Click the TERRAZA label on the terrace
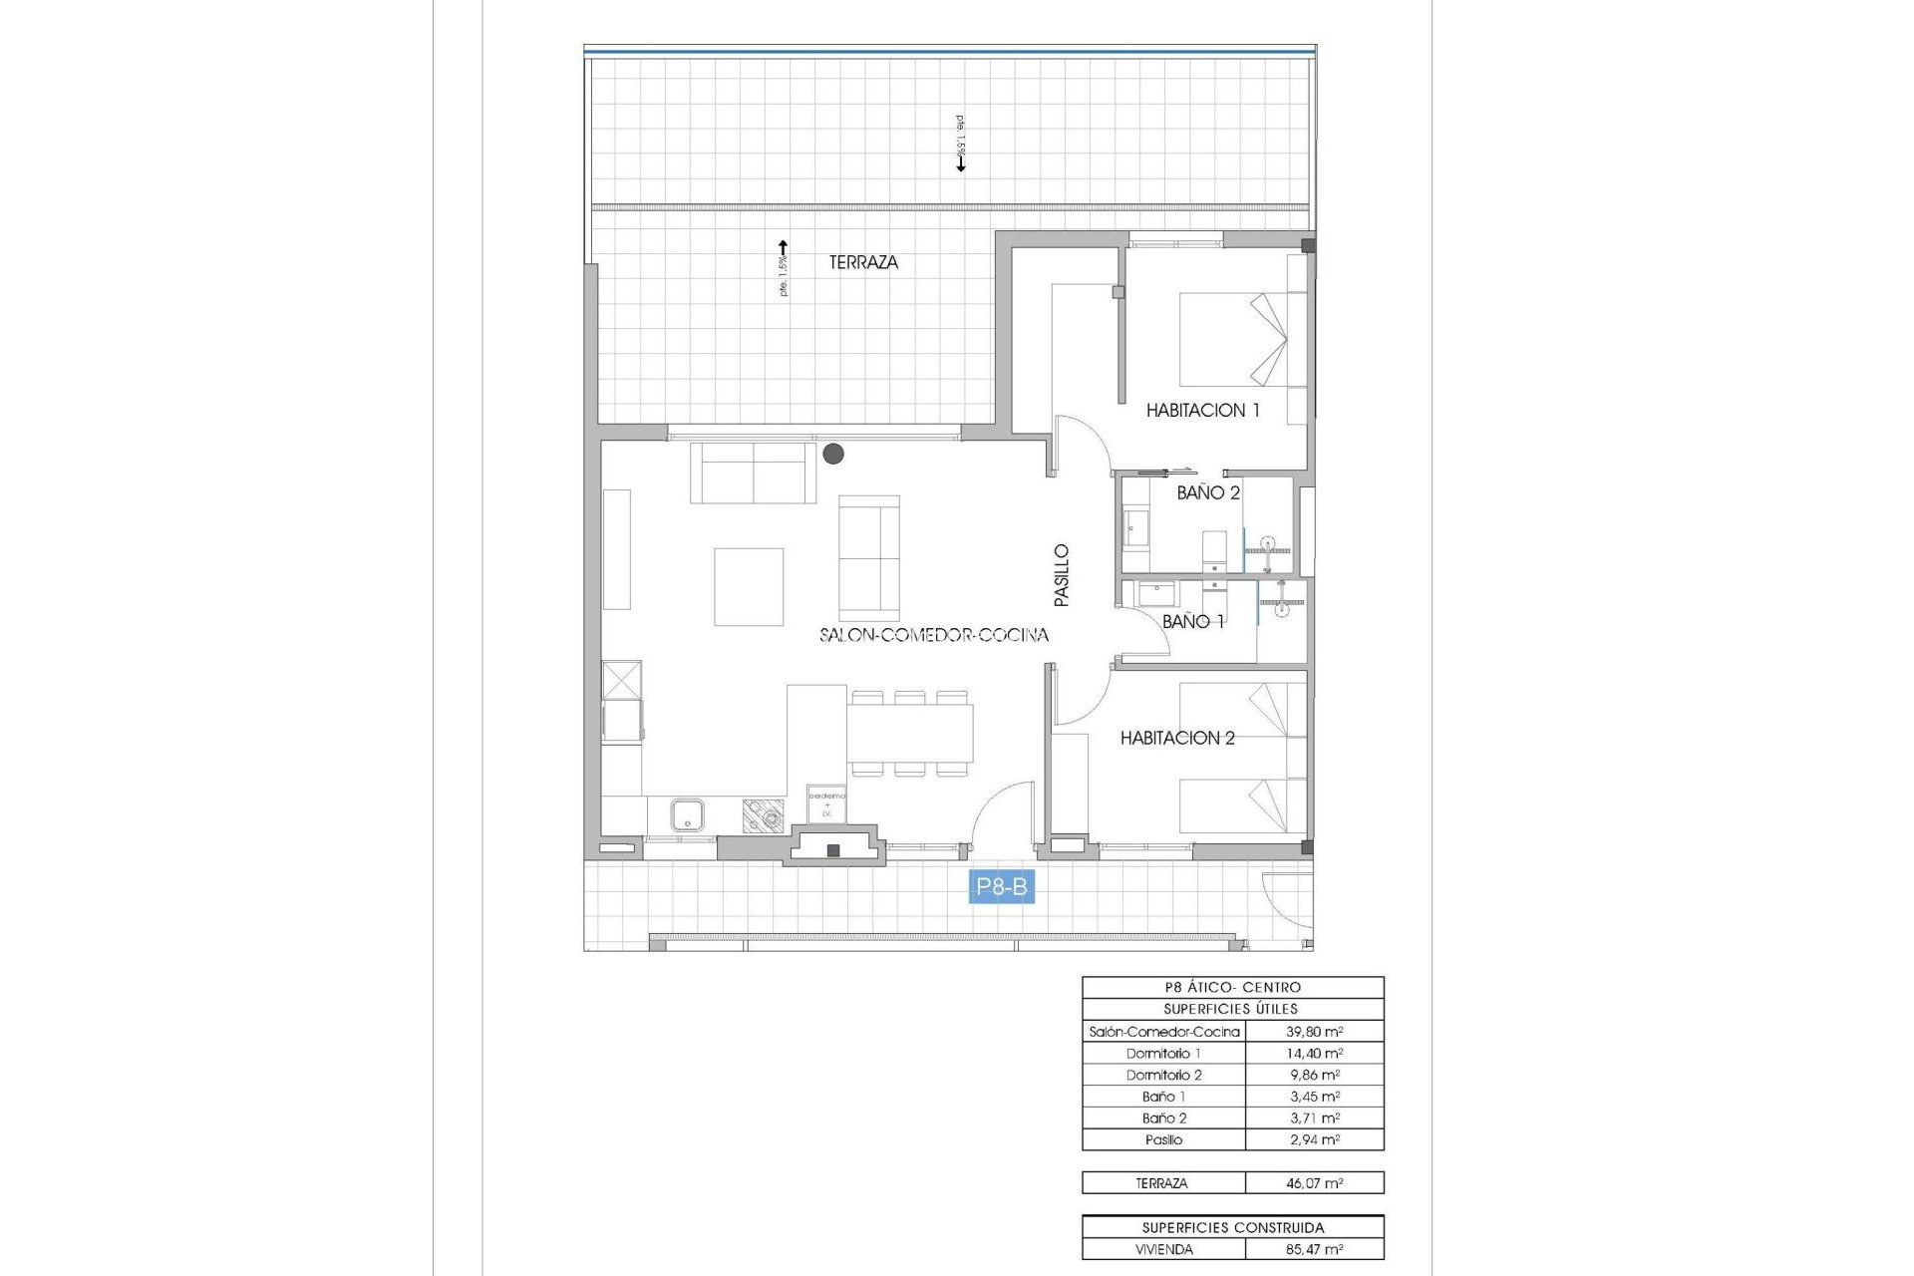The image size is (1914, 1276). point(863,262)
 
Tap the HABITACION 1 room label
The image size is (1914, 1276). point(1202,410)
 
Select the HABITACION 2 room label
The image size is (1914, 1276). point(1177,738)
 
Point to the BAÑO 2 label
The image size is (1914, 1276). point(1208,492)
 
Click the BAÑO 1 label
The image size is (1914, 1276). point(1193,621)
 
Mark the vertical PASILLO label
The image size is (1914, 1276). point(1062,575)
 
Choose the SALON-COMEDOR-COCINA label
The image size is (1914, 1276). point(934,635)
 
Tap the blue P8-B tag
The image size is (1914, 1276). point(1001,886)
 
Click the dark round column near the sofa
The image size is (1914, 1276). point(833,455)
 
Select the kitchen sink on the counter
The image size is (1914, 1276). point(687,814)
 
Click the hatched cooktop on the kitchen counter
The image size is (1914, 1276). point(763,816)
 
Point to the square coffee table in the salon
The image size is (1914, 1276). point(748,586)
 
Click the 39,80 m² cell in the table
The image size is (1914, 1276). point(1314,1032)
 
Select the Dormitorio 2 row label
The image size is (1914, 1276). point(1163,1075)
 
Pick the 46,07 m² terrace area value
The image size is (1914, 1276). point(1314,1183)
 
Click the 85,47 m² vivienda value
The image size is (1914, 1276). point(1314,1249)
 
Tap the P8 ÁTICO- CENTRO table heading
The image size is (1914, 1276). point(1232,987)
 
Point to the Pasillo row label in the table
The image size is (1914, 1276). point(1163,1139)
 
